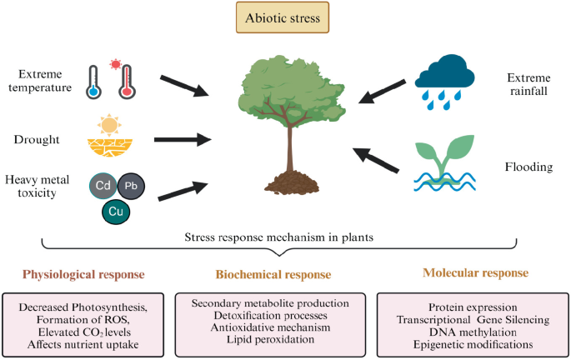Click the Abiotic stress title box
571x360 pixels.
(283, 17)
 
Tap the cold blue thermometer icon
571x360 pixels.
(93, 82)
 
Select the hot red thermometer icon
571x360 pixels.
(127, 82)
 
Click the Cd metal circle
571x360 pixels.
(103, 186)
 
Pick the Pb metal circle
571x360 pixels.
(131, 186)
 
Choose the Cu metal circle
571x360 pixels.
(116, 212)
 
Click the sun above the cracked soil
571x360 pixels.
(109, 125)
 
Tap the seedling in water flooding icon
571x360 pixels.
(444, 162)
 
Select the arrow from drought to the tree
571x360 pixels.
(183, 139)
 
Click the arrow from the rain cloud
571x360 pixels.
(382, 92)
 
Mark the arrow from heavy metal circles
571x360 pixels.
(183, 191)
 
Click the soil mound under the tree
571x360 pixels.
(292, 182)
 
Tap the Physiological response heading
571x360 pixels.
(83, 274)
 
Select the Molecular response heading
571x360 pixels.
(476, 273)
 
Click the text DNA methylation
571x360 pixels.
(473, 332)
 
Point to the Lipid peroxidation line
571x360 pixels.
(270, 340)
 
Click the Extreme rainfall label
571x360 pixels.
(528, 84)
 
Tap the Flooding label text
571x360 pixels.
(528, 167)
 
